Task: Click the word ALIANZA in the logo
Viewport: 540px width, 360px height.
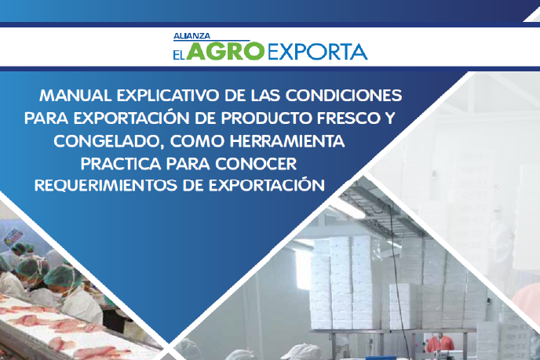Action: click(x=192, y=36)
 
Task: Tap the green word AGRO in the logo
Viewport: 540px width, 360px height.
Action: click(x=225, y=51)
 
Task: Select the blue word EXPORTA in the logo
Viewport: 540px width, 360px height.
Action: click(x=318, y=52)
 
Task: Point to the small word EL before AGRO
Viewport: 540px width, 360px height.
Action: click(x=179, y=54)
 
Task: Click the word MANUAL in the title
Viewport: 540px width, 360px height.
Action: click(x=75, y=96)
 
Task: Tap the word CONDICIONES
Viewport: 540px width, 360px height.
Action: click(x=344, y=96)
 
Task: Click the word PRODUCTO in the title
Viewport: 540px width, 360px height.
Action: click(x=267, y=118)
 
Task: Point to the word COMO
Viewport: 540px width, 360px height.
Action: click(x=197, y=141)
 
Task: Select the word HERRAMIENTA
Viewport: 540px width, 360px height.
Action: click(x=287, y=141)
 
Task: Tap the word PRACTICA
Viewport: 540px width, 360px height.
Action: click(x=121, y=164)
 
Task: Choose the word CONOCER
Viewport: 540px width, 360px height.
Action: click(x=256, y=164)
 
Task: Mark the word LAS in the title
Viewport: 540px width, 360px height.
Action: click(x=265, y=96)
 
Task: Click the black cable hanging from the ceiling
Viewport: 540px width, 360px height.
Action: click(x=396, y=275)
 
